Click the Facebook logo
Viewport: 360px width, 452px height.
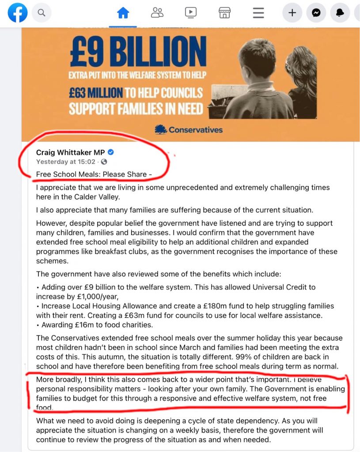[18, 13]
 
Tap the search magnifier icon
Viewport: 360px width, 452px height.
[42, 13]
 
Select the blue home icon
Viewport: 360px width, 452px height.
[123, 13]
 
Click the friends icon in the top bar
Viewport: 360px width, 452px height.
[157, 13]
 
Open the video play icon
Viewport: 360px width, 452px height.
[191, 13]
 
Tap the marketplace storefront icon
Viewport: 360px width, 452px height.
[224, 13]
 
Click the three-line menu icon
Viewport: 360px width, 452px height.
[258, 13]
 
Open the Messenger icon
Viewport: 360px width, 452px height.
[316, 13]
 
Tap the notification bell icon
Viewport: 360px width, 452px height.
[340, 13]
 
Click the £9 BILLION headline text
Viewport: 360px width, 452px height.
[138, 52]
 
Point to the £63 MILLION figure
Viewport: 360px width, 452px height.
[95, 93]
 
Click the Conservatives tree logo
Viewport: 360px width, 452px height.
[161, 129]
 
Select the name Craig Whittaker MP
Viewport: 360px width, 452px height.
[70, 152]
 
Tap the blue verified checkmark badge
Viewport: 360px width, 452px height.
[111, 152]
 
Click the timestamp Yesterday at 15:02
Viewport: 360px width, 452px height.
[65, 162]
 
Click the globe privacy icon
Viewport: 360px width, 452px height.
[104, 162]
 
